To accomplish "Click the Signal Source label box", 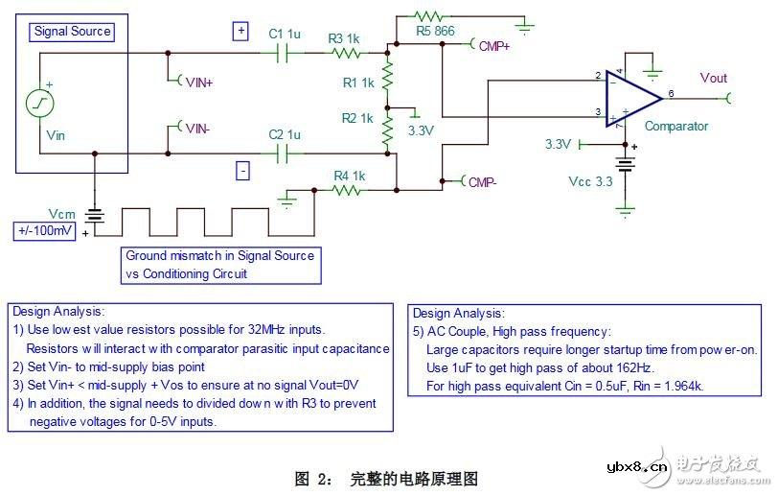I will coord(73,32).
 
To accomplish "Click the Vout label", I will coord(714,78).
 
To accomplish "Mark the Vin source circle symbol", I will coord(40,103).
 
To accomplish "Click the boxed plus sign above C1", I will coord(240,30).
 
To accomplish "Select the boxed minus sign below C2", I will coord(242,171).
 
